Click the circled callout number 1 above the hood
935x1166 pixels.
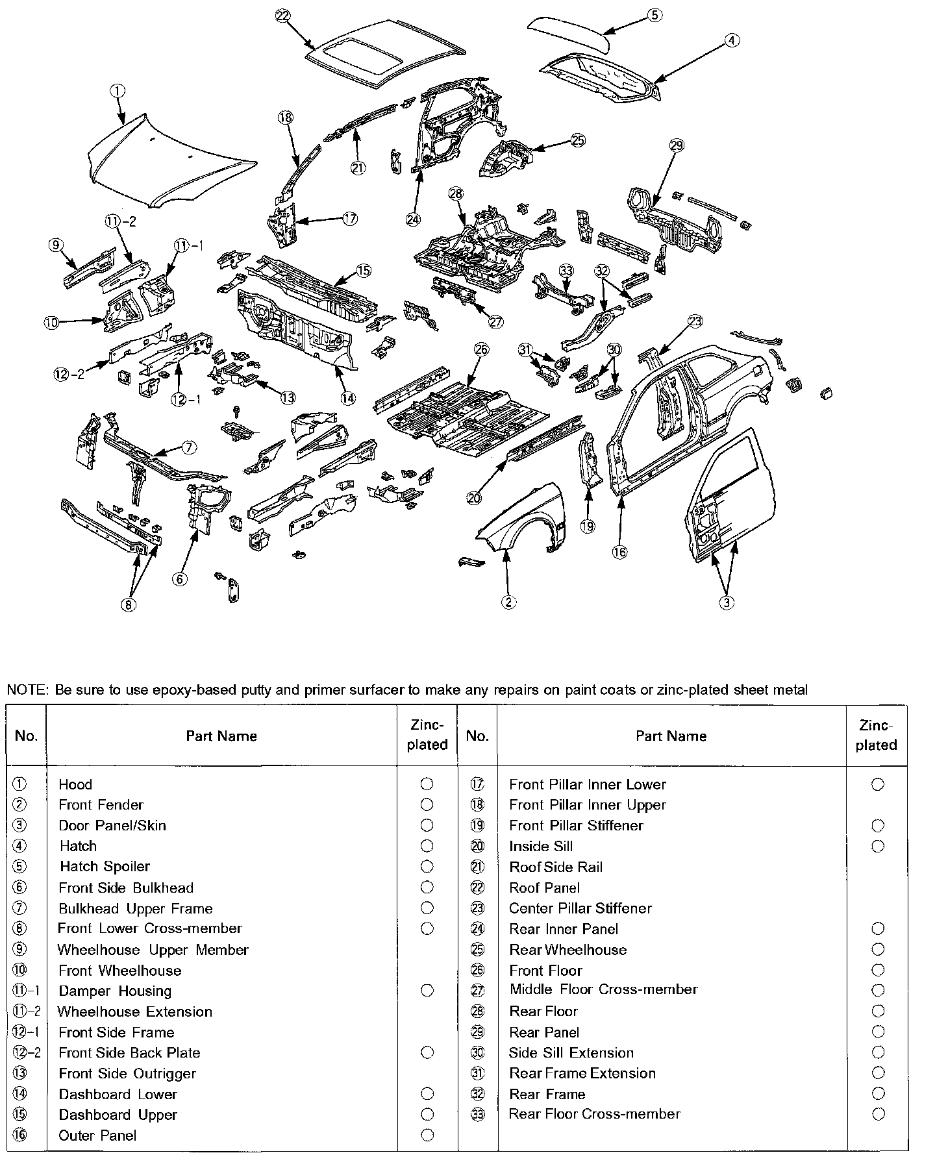[x=118, y=92]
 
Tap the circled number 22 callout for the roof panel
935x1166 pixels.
[x=282, y=17]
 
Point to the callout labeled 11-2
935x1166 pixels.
[x=121, y=221]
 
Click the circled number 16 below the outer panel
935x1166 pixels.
[x=619, y=552]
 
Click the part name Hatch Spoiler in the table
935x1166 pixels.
[x=105, y=867]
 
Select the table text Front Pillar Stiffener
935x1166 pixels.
[x=576, y=826]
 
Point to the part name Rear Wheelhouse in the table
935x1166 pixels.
[x=567, y=950]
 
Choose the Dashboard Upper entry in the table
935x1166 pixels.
[x=118, y=1115]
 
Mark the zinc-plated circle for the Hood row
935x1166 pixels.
[x=427, y=784]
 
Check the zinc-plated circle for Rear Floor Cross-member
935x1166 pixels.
[x=878, y=1114]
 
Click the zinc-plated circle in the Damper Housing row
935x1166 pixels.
[x=427, y=991]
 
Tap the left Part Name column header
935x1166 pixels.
[x=221, y=736]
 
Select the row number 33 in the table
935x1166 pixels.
[x=477, y=1114]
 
